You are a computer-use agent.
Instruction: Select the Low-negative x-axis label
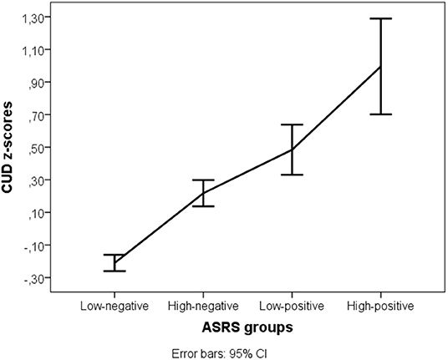(114, 306)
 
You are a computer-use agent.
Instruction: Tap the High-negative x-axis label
(203, 306)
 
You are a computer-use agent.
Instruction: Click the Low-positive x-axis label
(292, 306)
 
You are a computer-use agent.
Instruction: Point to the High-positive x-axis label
(381, 306)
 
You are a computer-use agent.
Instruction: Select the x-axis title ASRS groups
(247, 327)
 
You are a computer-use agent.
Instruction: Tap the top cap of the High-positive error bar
(381, 18)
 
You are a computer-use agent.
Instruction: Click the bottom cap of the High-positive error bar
(381, 114)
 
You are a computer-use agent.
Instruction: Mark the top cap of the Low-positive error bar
(292, 124)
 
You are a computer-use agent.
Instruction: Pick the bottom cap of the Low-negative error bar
(114, 271)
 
